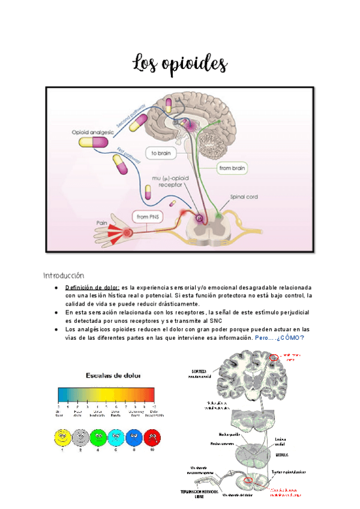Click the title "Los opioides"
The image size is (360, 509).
coord(180,62)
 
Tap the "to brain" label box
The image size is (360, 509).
coord(161,154)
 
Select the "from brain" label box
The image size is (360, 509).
coord(232,169)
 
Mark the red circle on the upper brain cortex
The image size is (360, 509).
coord(274,358)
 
